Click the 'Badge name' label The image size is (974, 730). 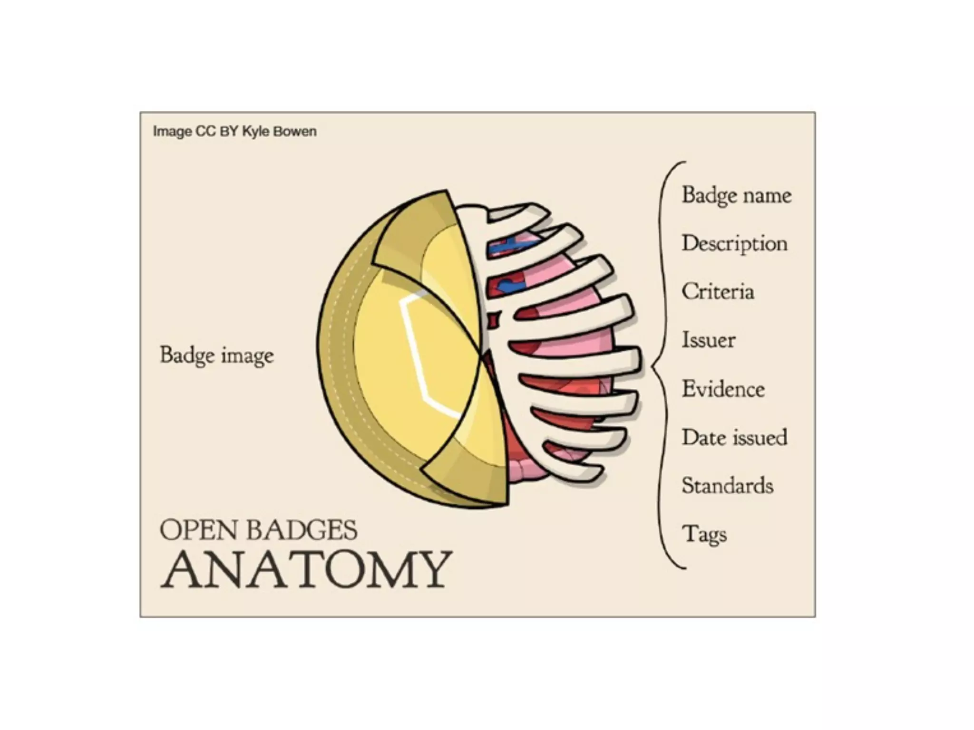pos(736,195)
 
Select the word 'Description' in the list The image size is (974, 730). pos(734,244)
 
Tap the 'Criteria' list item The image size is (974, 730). pos(718,292)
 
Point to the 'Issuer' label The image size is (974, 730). pos(708,340)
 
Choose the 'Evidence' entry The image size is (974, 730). pos(723,389)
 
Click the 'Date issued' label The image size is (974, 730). pos(734,437)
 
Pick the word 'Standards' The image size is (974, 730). pos(727,486)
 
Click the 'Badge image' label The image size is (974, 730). pos(217,355)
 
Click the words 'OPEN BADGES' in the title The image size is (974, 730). pos(258,530)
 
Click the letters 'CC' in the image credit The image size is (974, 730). pos(205,131)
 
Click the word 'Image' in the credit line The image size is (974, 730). pos(172,131)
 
